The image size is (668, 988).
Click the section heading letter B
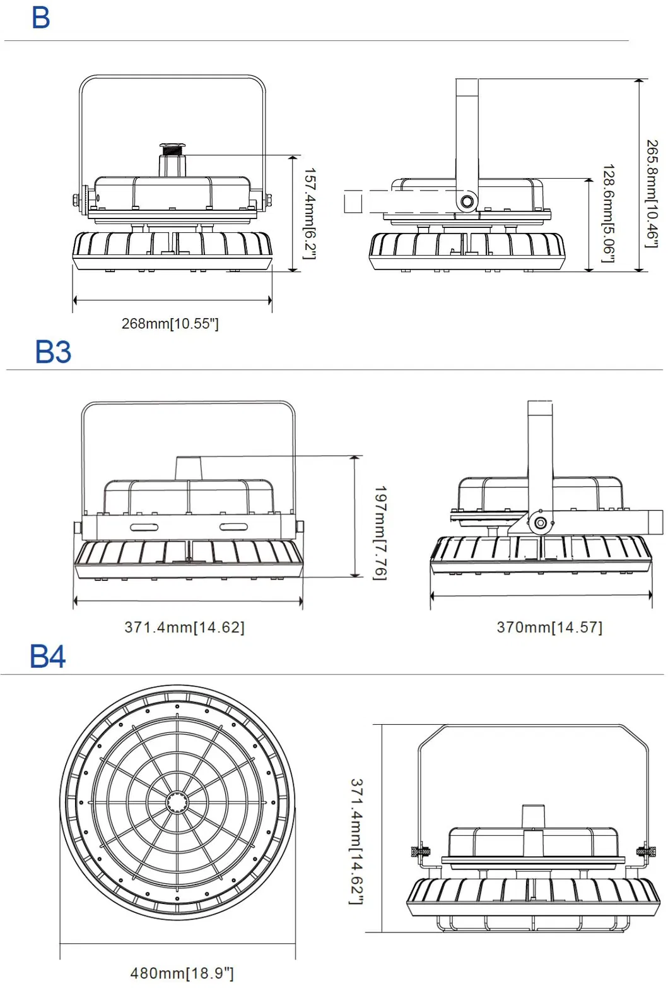point(40,18)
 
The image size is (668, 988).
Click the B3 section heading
point(53,352)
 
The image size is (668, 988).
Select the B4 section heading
point(48,657)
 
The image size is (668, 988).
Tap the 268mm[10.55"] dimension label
point(170,324)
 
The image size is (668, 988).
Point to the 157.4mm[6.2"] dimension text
point(309,213)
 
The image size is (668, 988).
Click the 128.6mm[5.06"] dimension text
point(608,213)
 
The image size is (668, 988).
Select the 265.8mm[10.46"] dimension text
point(652,193)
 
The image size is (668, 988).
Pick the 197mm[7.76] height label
point(380,532)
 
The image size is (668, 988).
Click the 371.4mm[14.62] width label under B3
point(184,628)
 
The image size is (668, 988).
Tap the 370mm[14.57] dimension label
point(549,628)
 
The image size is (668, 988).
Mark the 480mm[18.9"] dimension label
point(182,973)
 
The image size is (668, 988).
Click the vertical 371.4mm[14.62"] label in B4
point(356,841)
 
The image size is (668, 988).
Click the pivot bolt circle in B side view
point(467,202)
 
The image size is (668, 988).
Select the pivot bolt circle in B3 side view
point(540,523)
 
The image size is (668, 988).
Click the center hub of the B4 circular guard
point(177,802)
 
